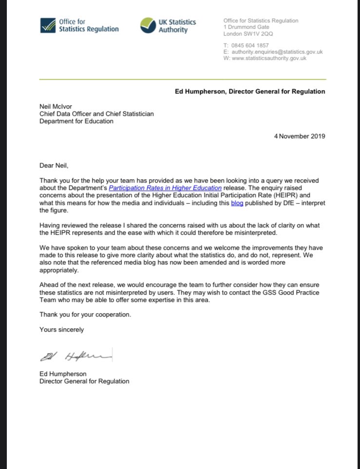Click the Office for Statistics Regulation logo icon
(x=48, y=25)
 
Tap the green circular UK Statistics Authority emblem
(x=148, y=25)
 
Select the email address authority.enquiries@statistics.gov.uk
(x=277, y=52)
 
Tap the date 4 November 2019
(x=299, y=136)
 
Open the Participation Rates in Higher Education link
(x=165, y=188)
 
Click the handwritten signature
(x=76, y=357)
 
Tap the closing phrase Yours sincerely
(x=61, y=330)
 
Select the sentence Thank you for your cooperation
(x=85, y=314)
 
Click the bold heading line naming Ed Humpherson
(x=250, y=91)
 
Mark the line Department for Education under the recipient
(x=76, y=121)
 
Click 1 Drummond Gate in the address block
(x=246, y=27)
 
